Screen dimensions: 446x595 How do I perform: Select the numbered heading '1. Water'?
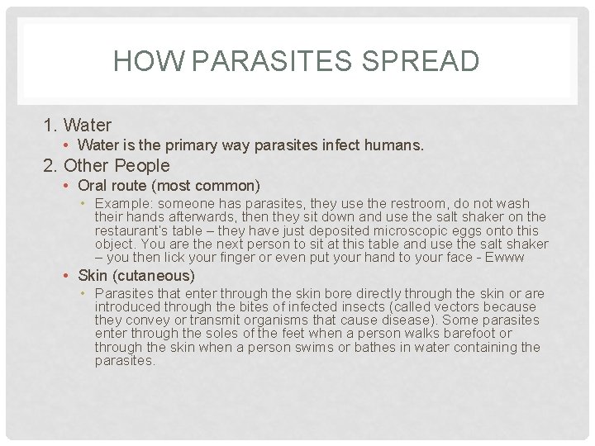click(x=77, y=126)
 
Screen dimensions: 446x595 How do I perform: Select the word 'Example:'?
click(x=124, y=203)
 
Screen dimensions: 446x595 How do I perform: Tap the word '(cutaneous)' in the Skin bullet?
click(x=155, y=276)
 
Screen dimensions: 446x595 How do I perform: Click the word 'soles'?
click(x=204, y=334)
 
